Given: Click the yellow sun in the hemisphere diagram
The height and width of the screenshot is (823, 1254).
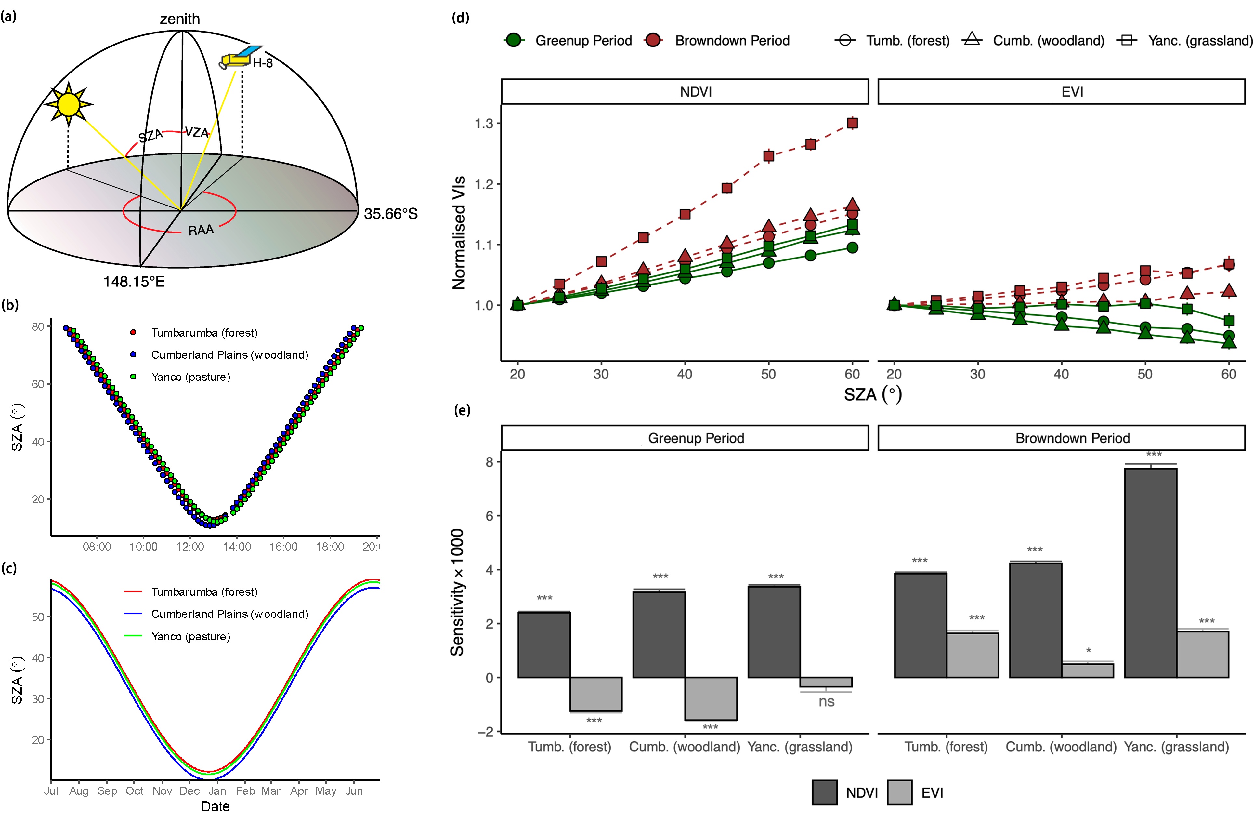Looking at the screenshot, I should coord(69,104).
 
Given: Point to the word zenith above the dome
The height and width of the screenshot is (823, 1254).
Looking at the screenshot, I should coord(180,19).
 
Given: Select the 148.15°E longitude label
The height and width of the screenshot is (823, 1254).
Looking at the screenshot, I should coord(134,282).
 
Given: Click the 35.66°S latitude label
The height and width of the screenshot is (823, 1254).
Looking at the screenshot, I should coord(390,214).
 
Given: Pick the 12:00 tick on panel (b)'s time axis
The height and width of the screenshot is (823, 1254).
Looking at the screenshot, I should coord(190,547).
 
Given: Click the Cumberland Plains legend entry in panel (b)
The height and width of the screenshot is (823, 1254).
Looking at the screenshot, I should coord(229,355).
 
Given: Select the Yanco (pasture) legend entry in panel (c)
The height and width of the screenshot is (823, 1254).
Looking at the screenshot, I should coord(190,636).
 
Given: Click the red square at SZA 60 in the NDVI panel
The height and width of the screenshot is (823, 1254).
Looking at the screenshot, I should coord(852,123).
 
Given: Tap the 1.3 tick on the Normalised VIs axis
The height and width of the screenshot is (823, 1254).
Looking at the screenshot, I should coord(484,123).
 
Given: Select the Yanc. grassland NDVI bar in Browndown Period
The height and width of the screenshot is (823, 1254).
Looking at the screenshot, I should coord(1150,572).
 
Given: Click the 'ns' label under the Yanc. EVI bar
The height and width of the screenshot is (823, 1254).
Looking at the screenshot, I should coord(826,702).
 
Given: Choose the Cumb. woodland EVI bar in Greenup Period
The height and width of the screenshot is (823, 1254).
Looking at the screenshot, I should coord(711,698).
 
